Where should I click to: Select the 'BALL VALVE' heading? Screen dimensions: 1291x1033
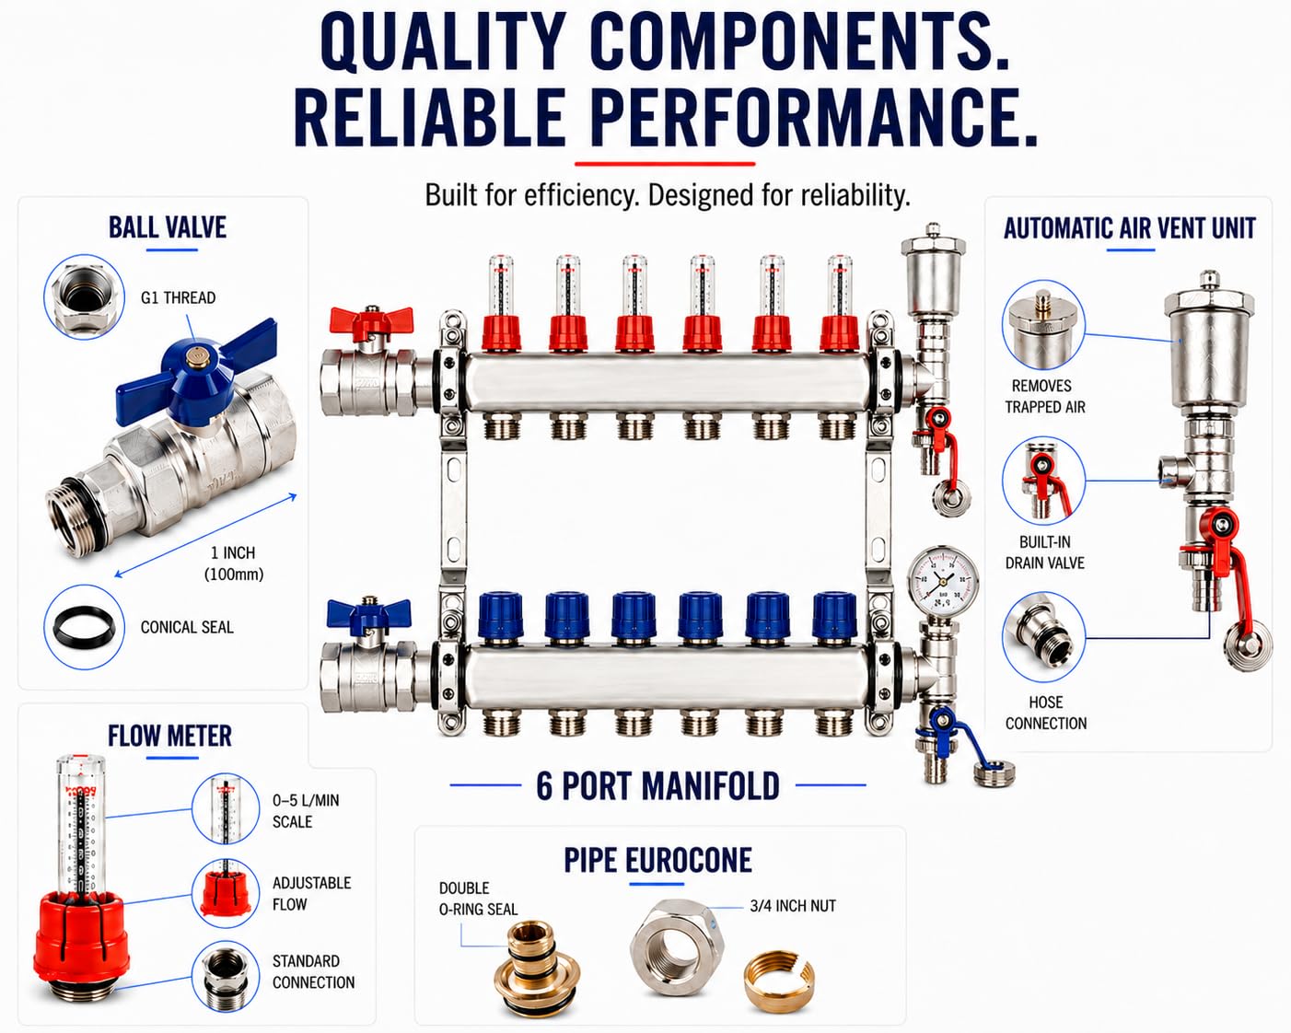pyautogui.click(x=168, y=227)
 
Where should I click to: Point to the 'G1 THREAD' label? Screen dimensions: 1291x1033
pyautogui.click(x=178, y=297)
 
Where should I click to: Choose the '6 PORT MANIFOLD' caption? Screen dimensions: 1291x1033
pyautogui.click(x=657, y=786)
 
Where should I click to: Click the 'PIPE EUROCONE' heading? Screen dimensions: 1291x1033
pyautogui.click(x=657, y=860)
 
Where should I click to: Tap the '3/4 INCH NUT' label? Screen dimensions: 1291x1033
pyautogui.click(x=793, y=906)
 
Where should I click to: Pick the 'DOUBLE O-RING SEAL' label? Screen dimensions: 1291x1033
pyautogui.click(x=478, y=899)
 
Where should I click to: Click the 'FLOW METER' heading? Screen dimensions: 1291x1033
pyautogui.click(x=169, y=736)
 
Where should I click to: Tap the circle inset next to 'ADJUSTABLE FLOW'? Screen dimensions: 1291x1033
pyautogui.click(x=226, y=894)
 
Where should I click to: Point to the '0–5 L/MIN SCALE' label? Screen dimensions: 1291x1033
pyautogui.click(x=306, y=811)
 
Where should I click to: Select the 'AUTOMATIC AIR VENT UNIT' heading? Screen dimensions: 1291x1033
pyautogui.click(x=1130, y=228)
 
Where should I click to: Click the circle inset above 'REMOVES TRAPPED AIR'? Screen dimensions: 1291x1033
pyautogui.click(x=1043, y=324)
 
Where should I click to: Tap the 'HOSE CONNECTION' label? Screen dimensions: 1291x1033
pyautogui.click(x=1046, y=713)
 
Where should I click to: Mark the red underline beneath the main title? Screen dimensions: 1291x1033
pyautogui.click(x=665, y=163)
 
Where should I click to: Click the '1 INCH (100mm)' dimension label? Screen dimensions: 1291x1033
pyautogui.click(x=234, y=563)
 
